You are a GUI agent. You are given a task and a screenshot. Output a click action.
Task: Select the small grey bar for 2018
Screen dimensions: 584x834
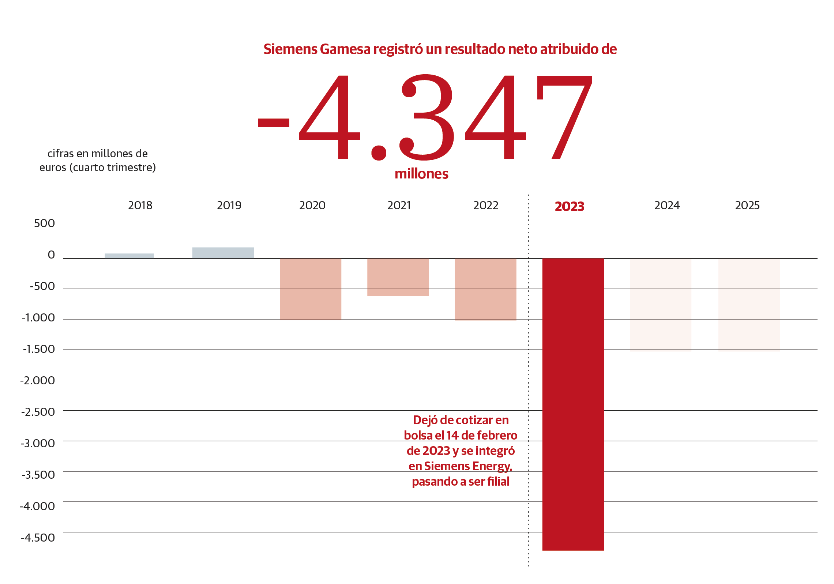(129, 256)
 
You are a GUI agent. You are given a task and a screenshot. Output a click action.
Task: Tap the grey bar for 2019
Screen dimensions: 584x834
(223, 253)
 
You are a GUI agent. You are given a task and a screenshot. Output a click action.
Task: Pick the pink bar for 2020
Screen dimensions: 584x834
(310, 289)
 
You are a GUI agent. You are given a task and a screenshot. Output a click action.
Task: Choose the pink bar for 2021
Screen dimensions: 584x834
(398, 277)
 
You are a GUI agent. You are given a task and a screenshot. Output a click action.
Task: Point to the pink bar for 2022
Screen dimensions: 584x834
(485, 289)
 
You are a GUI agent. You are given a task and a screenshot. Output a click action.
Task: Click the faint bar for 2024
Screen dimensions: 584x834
(660, 304)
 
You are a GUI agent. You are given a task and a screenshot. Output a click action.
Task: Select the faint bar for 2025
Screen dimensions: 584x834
(749, 304)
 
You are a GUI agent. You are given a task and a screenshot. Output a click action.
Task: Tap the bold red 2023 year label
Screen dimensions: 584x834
(570, 207)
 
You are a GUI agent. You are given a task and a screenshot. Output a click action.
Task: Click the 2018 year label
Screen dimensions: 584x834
(140, 206)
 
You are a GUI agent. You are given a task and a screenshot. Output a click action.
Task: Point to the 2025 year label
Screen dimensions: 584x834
(747, 206)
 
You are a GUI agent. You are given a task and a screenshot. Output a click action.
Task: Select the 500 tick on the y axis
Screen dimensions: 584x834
(44, 223)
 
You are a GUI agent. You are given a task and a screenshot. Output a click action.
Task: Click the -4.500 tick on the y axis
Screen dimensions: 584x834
(38, 538)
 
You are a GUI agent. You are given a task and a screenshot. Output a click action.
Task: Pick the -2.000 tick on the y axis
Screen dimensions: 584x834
(38, 381)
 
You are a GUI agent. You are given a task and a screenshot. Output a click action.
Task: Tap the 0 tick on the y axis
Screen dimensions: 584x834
(51, 255)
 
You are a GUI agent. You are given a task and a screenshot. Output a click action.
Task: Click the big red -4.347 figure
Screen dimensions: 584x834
(424, 117)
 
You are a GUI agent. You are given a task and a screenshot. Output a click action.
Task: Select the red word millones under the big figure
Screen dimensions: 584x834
(421, 174)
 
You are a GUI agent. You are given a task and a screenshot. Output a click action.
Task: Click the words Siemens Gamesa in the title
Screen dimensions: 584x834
(317, 49)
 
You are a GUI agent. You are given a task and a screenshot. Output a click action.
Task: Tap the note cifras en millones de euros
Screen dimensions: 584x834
(98, 161)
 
